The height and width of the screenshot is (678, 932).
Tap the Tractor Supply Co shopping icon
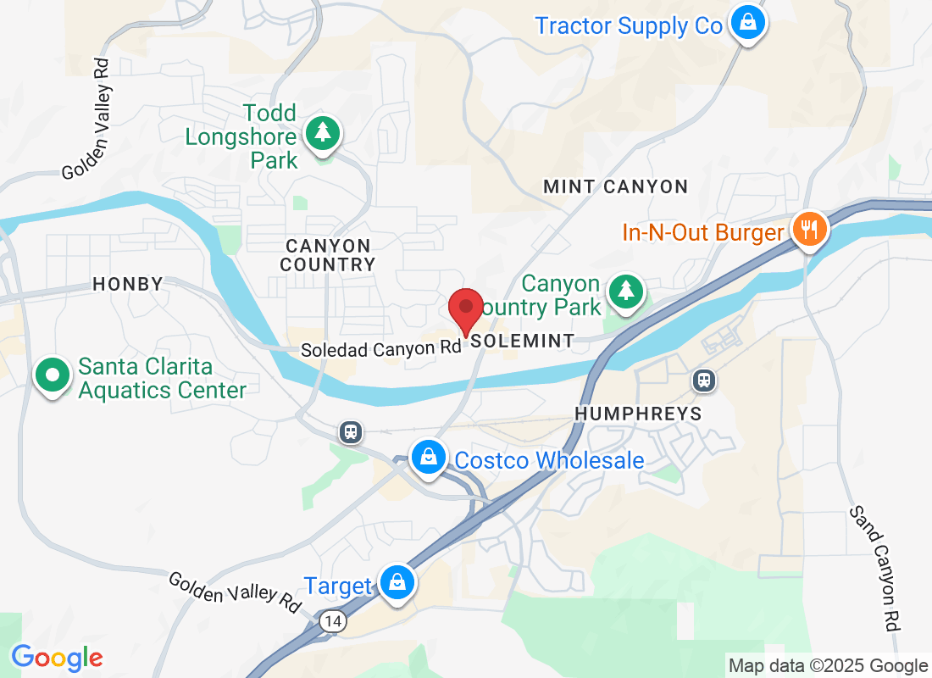click(748, 23)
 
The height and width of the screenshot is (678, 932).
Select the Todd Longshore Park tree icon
click(322, 133)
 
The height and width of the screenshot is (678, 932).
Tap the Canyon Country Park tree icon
click(626, 292)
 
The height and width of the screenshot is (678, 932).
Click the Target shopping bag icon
click(396, 582)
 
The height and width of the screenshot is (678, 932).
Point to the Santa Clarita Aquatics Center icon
click(53, 374)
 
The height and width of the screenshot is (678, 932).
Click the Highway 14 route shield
click(333, 622)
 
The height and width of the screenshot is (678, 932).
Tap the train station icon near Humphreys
click(703, 381)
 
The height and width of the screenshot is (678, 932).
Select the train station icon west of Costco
click(350, 432)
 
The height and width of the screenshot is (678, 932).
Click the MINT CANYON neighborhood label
click(615, 186)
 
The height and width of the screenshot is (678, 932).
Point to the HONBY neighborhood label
click(127, 284)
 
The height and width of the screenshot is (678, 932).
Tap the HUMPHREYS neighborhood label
click(638, 414)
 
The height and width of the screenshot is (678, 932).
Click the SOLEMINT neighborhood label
click(522, 341)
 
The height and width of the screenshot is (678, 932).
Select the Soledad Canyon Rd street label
click(381, 348)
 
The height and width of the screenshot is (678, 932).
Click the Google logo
click(57, 657)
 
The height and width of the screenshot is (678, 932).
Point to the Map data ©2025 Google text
click(828, 666)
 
